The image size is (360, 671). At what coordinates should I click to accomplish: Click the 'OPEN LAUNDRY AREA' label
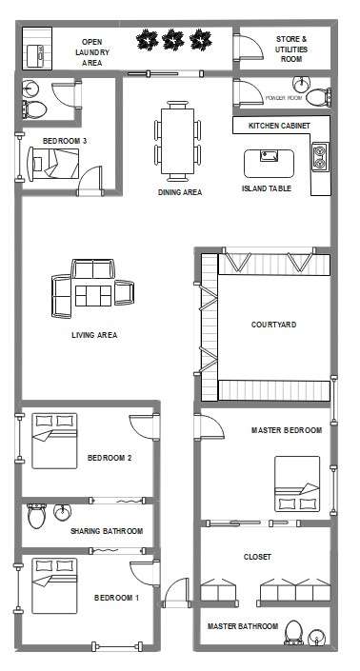[91, 52]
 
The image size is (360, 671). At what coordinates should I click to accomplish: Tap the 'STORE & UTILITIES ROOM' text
[290, 49]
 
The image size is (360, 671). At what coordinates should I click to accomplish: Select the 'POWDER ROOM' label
[283, 98]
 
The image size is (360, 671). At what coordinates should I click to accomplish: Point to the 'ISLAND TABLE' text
[267, 188]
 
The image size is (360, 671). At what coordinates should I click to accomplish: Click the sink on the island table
[264, 157]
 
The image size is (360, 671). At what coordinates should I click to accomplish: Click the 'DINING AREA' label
[179, 192]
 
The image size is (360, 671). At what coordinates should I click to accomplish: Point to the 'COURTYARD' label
[273, 325]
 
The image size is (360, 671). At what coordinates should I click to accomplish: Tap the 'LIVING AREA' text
[94, 335]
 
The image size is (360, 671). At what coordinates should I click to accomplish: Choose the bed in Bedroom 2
[53, 439]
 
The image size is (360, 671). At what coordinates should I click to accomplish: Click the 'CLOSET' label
[257, 556]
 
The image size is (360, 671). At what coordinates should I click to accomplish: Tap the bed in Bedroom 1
[54, 584]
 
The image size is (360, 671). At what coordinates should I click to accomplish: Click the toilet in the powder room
[323, 96]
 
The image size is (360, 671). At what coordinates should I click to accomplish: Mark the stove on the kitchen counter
[319, 154]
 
